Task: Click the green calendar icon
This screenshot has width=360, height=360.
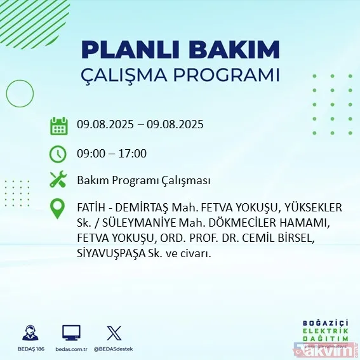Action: (58, 125)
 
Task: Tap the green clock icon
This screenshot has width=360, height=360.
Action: (58, 153)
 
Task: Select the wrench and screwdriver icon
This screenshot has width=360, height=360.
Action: (58, 180)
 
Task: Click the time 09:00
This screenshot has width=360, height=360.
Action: (90, 153)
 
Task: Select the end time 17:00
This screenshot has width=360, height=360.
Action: (133, 153)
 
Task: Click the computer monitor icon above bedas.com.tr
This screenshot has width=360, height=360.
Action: (71, 333)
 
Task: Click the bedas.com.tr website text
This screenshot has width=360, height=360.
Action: (71, 349)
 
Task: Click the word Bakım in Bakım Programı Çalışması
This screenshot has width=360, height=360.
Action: (91, 181)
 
